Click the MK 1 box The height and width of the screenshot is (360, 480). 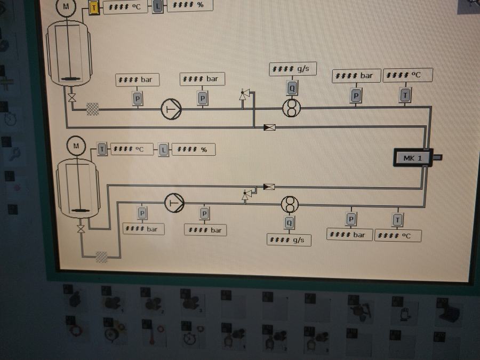coord(412,158)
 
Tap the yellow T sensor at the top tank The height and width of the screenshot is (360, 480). coord(94,8)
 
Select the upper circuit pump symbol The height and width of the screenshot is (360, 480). coord(171,109)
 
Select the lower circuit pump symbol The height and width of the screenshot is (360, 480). coord(174,203)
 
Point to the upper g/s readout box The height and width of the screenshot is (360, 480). coord(293,69)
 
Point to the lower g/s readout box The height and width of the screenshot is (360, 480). coord(289,240)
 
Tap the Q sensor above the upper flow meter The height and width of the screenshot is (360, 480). coord(292,87)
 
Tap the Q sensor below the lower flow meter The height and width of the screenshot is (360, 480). coord(289,223)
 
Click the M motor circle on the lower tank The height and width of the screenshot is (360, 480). coord(76,146)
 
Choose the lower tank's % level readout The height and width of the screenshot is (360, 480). coord(194,149)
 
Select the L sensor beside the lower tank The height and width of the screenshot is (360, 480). coord(163,150)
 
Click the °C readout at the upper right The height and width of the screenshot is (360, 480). coord(407,75)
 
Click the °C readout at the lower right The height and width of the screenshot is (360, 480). coord(398,236)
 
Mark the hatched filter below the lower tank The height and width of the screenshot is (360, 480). coord(101,257)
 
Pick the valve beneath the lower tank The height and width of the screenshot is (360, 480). coord(81,229)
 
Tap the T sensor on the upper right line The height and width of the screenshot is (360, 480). coord(405,95)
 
